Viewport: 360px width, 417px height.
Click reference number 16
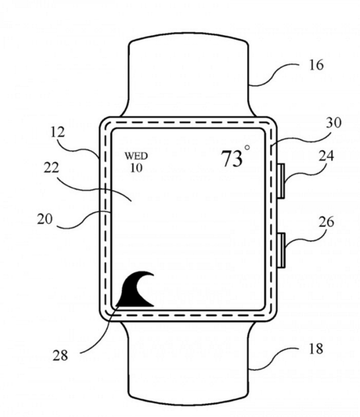coord(316,65)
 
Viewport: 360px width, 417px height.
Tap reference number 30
coord(333,123)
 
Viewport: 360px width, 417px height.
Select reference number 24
coord(326,156)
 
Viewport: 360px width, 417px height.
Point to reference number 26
coord(327,222)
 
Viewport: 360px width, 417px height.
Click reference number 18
coord(316,349)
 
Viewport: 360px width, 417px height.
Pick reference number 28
coord(60,355)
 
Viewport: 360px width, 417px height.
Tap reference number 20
coord(45,219)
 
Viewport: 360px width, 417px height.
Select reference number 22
coord(51,168)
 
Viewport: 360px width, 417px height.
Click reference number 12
coord(57,132)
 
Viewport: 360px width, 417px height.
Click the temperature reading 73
coord(232,158)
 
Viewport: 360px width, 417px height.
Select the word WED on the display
coord(136,156)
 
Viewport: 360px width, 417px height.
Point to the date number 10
coord(136,168)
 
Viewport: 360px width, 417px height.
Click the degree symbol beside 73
coord(247,147)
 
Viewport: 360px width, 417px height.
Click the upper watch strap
coord(188,77)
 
